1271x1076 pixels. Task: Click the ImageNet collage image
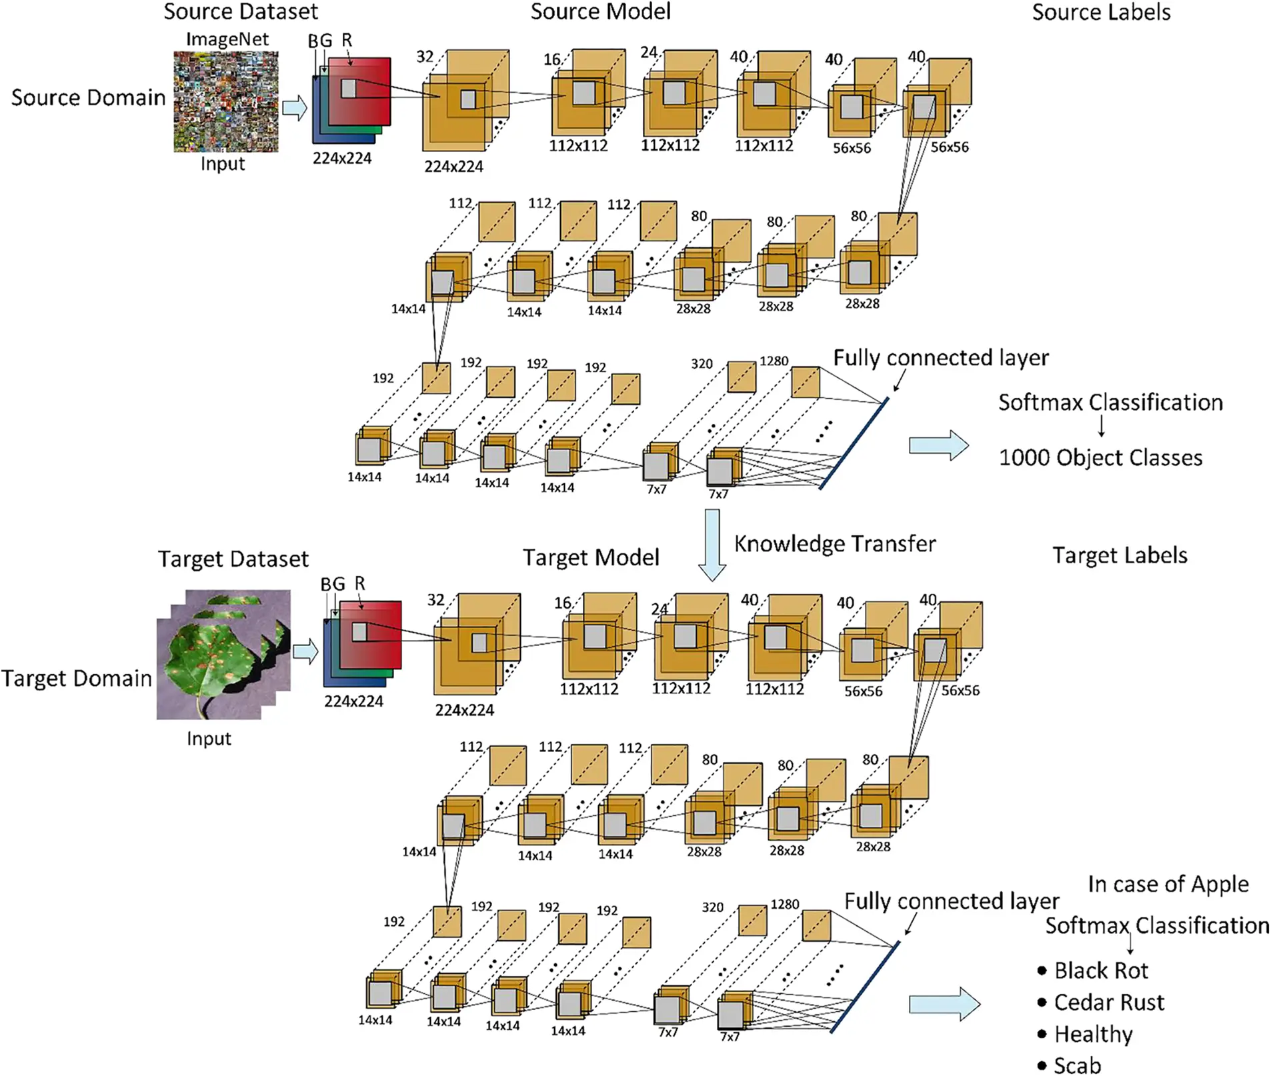pos(225,101)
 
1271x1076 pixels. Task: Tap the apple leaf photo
pos(213,657)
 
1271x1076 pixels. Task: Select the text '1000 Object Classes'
pos(1100,457)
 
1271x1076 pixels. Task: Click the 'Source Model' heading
pos(600,12)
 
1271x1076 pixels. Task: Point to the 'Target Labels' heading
pos(1120,555)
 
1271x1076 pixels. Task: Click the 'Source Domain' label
pos(88,97)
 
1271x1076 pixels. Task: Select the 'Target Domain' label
pos(77,678)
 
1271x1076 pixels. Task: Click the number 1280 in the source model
pos(774,361)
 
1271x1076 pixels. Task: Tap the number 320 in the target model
pos(712,907)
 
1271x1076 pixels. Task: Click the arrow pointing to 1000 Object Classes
pos(938,445)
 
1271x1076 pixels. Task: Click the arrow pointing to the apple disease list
pos(944,1003)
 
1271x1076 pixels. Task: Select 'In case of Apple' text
pos(1168,884)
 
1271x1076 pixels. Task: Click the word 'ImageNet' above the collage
pos(227,39)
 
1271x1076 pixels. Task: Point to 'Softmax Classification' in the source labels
pos(1110,402)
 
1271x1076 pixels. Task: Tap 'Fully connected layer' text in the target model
pos(951,901)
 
